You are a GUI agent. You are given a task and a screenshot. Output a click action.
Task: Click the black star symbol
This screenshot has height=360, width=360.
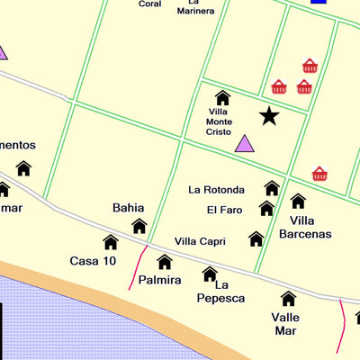[268, 115]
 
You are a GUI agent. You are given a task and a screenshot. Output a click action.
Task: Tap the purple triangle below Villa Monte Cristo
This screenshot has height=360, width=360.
[244, 143]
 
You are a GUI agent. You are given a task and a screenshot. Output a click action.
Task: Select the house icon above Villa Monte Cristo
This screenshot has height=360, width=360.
[222, 98]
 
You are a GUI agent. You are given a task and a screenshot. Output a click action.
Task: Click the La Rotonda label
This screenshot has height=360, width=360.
[216, 190]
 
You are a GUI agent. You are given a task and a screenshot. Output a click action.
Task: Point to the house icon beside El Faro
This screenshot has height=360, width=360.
[266, 209]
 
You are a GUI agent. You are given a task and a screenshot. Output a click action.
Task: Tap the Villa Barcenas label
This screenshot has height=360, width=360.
[305, 227]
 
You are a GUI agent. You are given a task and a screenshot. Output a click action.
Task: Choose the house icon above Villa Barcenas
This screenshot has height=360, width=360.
[298, 201]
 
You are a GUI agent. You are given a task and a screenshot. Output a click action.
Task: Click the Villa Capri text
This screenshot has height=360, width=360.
[200, 241]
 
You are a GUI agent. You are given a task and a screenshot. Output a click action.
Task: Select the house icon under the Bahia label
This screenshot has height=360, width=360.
[139, 226]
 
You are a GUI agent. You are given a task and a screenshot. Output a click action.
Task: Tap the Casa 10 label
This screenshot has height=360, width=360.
[93, 261]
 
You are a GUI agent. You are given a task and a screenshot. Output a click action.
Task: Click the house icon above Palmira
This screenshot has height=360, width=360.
[165, 262]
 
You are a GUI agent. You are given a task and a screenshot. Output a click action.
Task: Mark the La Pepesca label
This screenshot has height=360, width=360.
[220, 291]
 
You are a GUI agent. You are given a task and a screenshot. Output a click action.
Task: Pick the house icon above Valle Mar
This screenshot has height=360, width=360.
[288, 298]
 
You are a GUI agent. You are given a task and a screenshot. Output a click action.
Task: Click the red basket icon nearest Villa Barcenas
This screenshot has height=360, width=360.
[319, 174]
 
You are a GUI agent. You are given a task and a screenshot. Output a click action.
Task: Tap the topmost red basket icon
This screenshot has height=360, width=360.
[310, 66]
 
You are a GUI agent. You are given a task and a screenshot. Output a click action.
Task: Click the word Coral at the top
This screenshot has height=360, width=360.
[150, 4]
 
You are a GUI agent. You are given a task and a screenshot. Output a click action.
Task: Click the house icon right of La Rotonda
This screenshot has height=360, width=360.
[272, 188]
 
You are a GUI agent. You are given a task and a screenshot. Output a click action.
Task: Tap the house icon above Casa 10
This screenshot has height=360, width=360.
[111, 242]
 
